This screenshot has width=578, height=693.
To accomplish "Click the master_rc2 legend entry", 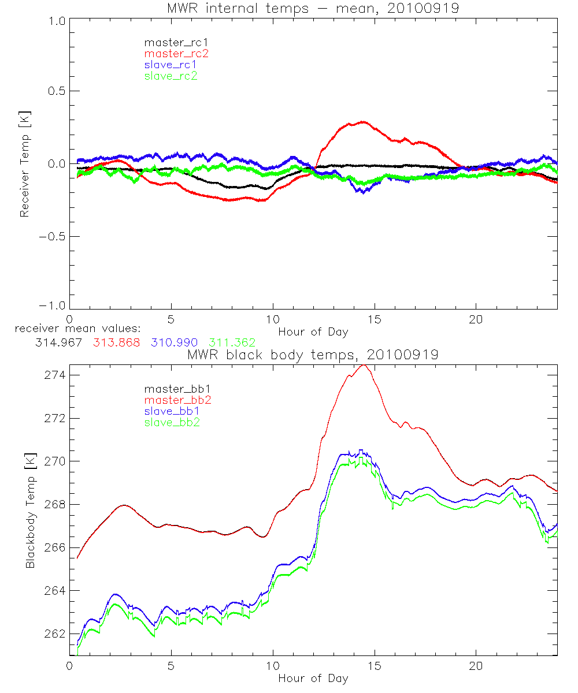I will click(176, 53).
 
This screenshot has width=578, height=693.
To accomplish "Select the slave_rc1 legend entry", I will click(171, 64).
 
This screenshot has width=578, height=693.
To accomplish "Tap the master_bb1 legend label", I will click(174, 389).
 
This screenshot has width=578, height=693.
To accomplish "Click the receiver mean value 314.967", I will click(58, 342).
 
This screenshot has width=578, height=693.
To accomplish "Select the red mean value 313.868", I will click(116, 342).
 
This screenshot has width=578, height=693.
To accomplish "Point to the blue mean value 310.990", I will click(174, 342).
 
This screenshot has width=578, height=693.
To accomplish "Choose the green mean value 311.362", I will click(232, 342).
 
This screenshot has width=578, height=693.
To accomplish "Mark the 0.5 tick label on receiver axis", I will click(55, 91).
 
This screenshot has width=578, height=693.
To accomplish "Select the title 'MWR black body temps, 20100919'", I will click(313, 354).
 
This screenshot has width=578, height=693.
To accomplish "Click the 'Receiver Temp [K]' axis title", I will click(24, 163).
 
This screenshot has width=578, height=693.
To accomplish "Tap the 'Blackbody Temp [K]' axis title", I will click(30, 509).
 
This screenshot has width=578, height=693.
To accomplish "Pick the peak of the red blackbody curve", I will click(363, 365).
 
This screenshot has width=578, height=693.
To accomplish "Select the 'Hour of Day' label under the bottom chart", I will click(313, 678).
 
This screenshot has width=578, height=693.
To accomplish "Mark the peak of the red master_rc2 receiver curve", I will click(363, 122).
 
